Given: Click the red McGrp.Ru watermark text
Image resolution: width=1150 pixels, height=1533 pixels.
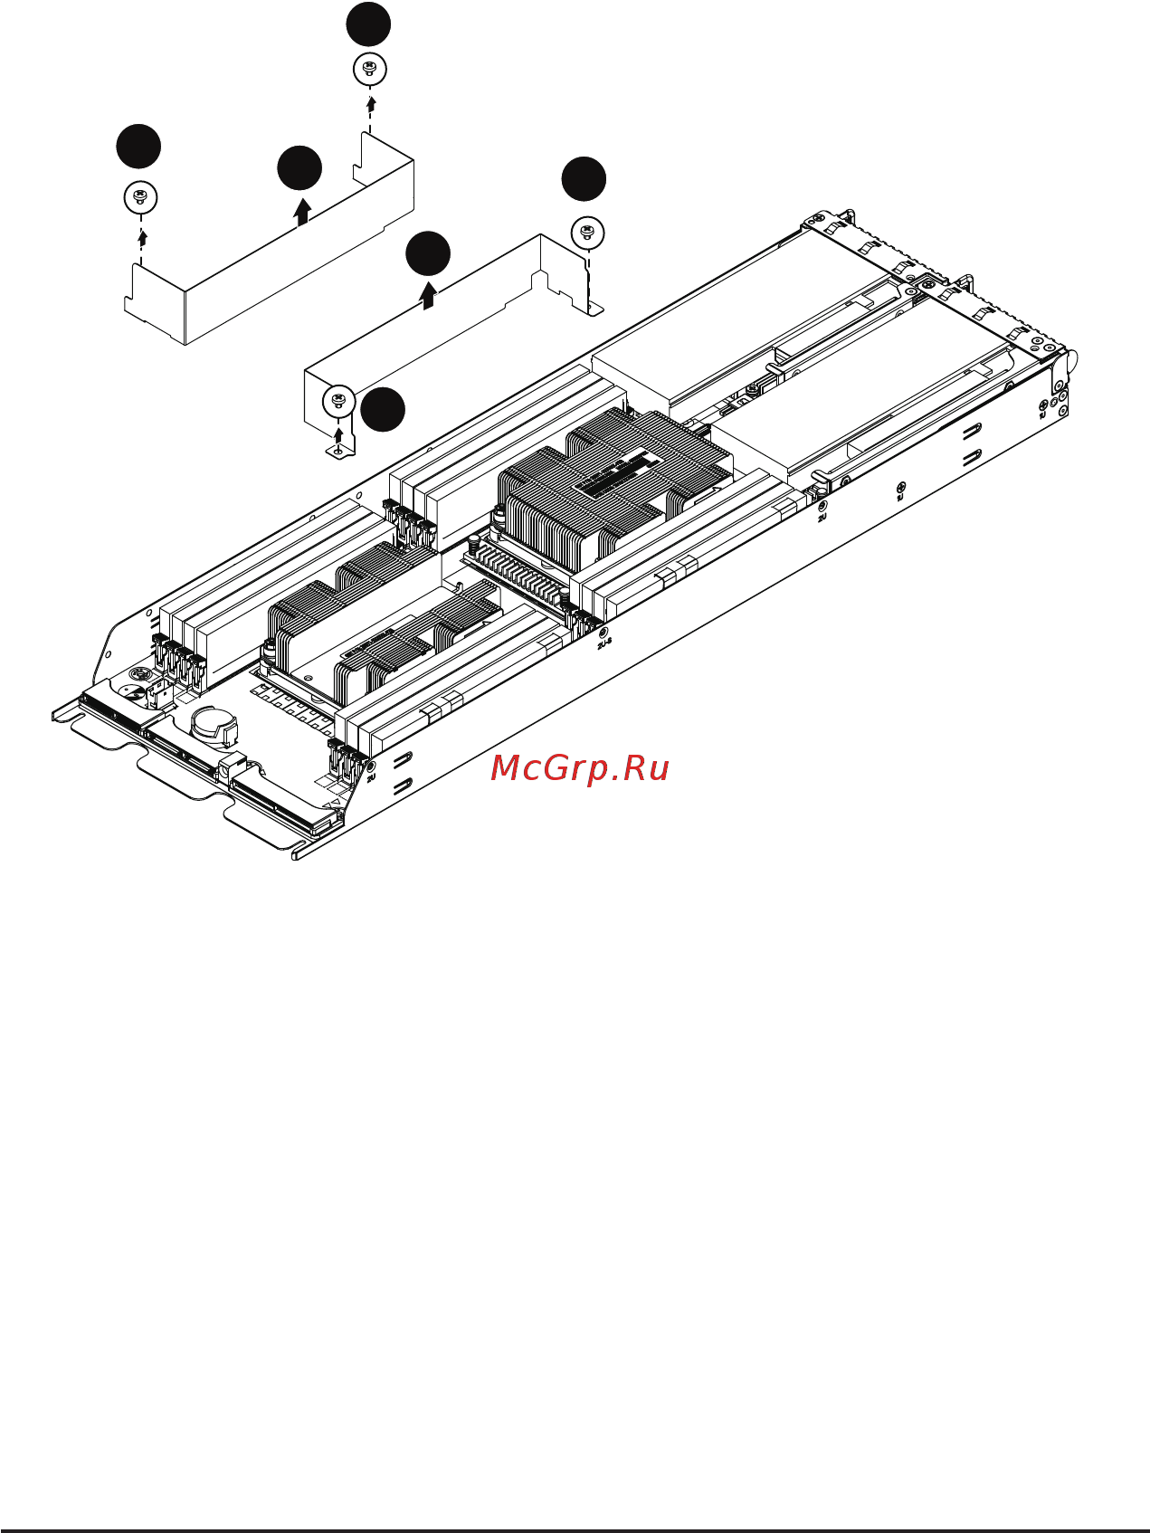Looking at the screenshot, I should pyautogui.click(x=579, y=768).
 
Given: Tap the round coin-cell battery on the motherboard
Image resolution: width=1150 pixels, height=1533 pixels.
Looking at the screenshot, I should pyautogui.click(x=214, y=721).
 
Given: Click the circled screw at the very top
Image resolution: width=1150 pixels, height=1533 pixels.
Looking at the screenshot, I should pyautogui.click(x=368, y=69).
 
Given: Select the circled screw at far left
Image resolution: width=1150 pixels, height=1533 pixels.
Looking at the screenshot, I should pyautogui.click(x=140, y=197).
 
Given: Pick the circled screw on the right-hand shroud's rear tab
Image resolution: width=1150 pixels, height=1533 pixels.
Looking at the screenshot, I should pyautogui.click(x=587, y=233).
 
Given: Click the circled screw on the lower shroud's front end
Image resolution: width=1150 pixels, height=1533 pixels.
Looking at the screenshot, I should pyautogui.click(x=338, y=399).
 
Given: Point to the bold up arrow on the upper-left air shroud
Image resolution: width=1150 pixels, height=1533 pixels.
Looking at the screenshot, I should pyautogui.click(x=302, y=211).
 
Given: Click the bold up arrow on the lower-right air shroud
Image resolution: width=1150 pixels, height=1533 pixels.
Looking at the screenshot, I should pyautogui.click(x=429, y=295).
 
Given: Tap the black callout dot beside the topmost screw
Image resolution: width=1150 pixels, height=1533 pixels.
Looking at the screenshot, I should pyautogui.click(x=368, y=24).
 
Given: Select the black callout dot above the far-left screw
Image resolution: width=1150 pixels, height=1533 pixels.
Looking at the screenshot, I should pyautogui.click(x=138, y=147).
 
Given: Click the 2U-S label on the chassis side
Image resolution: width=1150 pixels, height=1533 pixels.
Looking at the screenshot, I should pyautogui.click(x=604, y=643).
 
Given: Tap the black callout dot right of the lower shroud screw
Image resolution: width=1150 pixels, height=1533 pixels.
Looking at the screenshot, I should pyautogui.click(x=383, y=410).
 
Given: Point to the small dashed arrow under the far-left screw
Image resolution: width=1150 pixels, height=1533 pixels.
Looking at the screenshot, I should pyautogui.click(x=141, y=237).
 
